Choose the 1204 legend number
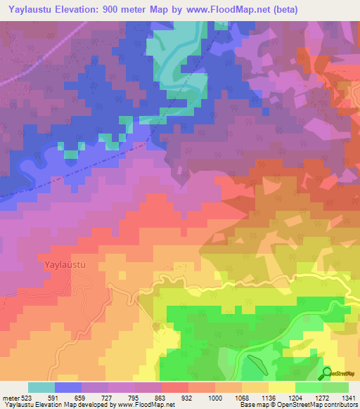(295, 398)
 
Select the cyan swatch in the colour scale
(41, 387)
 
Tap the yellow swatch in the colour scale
(281, 387)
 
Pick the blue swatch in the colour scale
(68, 387)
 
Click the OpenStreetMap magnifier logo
(327, 372)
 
